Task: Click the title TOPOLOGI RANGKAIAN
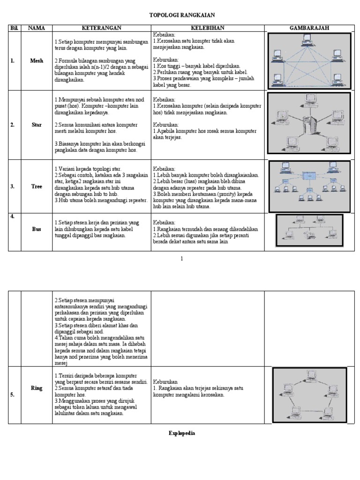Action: (175, 15)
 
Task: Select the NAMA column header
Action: (37, 28)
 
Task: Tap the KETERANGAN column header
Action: (102, 28)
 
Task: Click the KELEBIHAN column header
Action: (207, 28)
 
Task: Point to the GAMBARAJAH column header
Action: (309, 28)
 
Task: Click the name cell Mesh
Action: (37, 61)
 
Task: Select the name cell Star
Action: (37, 125)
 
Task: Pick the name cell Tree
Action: (37, 186)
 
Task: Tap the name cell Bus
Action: (37, 229)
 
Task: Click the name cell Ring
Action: (37, 389)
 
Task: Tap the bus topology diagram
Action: (309, 229)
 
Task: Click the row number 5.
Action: (12, 395)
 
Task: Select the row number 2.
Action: (12, 125)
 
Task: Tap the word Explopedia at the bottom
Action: (182, 433)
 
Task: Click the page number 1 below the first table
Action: (182, 259)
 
